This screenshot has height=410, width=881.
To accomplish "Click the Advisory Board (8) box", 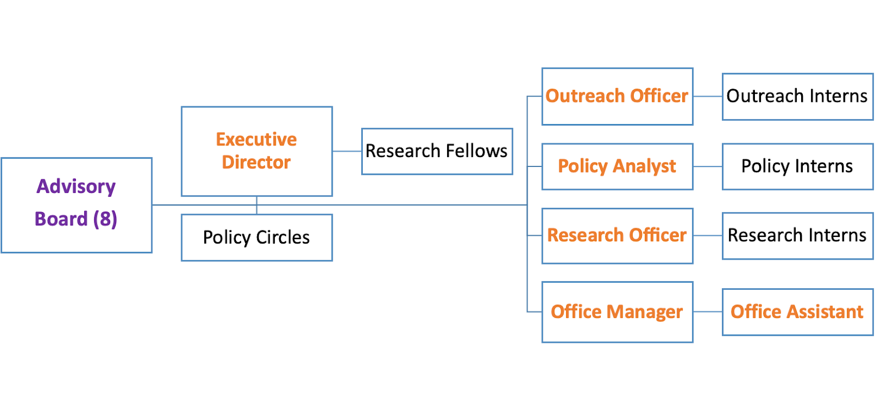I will (x=77, y=205).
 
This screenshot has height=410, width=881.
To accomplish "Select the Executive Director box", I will (x=257, y=151).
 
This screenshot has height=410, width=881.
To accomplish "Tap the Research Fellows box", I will (x=437, y=151).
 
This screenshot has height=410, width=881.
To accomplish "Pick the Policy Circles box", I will (x=257, y=238).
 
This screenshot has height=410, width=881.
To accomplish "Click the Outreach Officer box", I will (x=617, y=96).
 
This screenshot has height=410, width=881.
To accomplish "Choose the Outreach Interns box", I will (x=797, y=96).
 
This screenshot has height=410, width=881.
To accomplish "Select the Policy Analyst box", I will (x=617, y=166).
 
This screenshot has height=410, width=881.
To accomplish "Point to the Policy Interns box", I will (x=797, y=166).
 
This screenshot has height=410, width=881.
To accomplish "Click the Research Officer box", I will (x=617, y=236).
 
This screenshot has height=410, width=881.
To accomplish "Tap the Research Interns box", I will (x=797, y=236).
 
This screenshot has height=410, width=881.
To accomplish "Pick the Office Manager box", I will (x=617, y=312).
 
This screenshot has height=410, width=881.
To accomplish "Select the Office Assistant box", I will (x=797, y=312).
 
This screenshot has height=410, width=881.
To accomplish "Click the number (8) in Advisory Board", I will (x=105, y=219).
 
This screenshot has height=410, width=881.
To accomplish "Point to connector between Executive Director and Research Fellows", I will (x=347, y=151).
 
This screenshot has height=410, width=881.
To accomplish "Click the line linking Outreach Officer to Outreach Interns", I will (x=708, y=96).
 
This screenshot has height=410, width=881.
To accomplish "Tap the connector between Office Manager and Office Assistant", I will (x=708, y=312).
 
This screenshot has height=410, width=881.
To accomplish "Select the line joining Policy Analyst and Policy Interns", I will (x=708, y=166).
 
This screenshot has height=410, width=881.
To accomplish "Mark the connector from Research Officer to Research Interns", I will (x=708, y=236).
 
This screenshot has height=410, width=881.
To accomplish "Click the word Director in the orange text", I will (x=256, y=163).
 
